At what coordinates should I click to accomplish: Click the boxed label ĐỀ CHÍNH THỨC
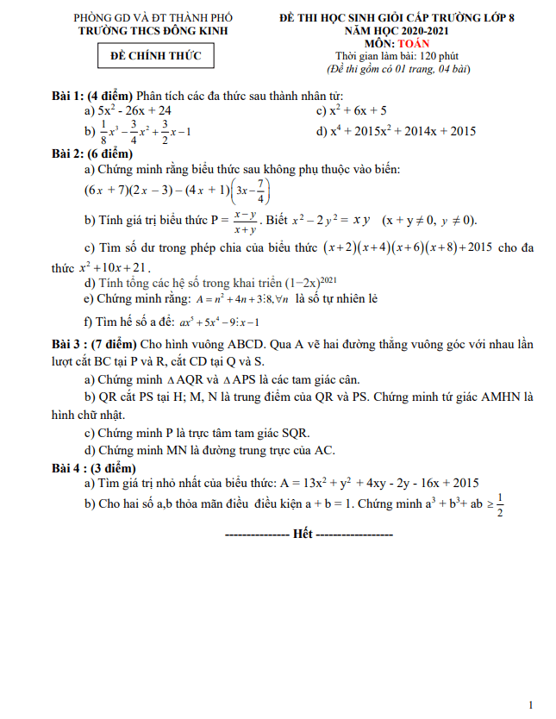(x=156, y=57)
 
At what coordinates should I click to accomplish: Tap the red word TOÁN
(x=411, y=42)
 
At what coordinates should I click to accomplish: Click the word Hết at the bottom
(x=303, y=535)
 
